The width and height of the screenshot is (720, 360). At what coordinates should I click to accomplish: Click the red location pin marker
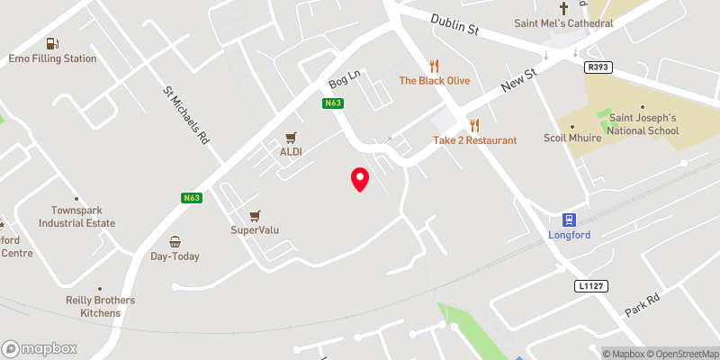click(359, 179)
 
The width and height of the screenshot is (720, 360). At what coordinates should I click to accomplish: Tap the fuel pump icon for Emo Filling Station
click(53, 43)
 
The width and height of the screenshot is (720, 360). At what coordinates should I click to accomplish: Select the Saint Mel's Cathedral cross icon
click(564, 8)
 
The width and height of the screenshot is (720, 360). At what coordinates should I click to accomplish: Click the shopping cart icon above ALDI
click(290, 138)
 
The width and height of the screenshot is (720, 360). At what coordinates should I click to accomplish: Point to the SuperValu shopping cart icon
click(255, 216)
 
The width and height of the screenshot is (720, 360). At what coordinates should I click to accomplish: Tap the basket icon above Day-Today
click(175, 242)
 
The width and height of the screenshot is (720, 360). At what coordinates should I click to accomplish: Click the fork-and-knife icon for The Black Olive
click(434, 65)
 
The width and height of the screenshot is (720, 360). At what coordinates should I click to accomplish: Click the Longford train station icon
click(569, 220)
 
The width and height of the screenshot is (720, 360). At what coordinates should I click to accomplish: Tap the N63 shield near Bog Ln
click(332, 103)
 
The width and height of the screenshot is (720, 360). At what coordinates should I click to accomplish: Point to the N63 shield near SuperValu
click(190, 198)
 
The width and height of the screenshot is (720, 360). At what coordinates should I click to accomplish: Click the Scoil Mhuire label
click(572, 138)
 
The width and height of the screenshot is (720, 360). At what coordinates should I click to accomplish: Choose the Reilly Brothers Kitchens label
click(93, 306)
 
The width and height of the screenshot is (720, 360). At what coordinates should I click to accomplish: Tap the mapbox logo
click(40, 348)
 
